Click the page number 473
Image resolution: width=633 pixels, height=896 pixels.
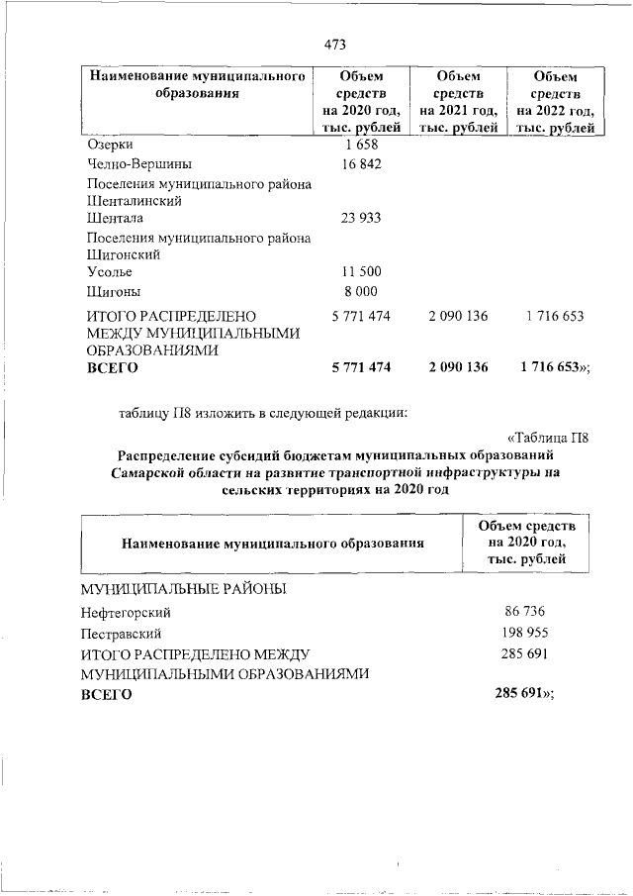[x=333, y=44]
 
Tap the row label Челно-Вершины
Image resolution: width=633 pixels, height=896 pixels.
[x=139, y=164]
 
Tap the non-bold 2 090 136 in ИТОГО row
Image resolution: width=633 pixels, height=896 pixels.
[x=459, y=317]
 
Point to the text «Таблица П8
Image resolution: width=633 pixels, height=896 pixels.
[x=547, y=438]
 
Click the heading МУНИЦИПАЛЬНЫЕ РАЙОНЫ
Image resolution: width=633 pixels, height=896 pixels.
[x=183, y=590]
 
